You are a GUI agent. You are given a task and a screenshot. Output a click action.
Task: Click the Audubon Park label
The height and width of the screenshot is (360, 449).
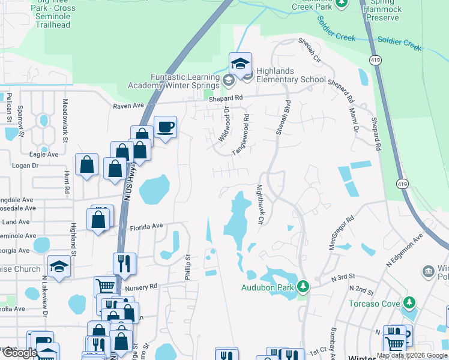[268, 287]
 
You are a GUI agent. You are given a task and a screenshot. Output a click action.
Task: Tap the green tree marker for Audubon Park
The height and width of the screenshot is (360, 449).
[303, 286]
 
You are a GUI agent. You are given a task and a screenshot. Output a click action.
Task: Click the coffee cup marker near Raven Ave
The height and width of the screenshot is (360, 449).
[165, 127]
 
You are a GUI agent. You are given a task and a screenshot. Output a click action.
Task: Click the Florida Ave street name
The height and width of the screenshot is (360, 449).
[147, 227]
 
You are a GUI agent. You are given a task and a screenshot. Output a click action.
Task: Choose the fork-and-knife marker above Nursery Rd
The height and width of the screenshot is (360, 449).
[124, 263]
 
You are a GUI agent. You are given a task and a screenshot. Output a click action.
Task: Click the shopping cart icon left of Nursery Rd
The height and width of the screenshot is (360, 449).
[106, 287]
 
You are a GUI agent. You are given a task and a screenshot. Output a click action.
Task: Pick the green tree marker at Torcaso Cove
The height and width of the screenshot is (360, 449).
[409, 302]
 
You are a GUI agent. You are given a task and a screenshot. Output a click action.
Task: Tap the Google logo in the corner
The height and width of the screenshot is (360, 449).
[20, 353]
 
